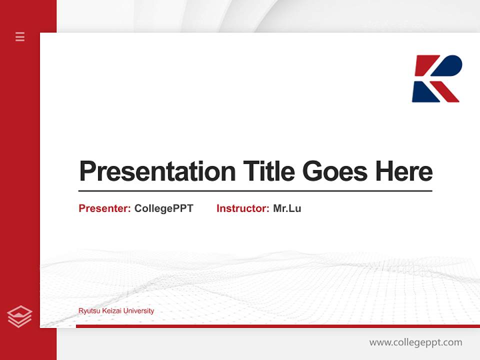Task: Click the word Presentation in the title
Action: [157, 172]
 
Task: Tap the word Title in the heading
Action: [268, 172]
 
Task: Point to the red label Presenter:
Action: [104, 208]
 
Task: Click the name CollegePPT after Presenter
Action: [163, 208]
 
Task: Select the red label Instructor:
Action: [242, 208]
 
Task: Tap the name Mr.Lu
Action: [287, 208]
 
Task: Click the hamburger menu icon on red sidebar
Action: [20, 36]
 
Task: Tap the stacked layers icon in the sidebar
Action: [19, 316]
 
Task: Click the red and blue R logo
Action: [436, 79]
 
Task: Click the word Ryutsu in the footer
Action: [87, 311]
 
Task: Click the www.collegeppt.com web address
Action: [415, 342]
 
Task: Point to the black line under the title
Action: [255, 191]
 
